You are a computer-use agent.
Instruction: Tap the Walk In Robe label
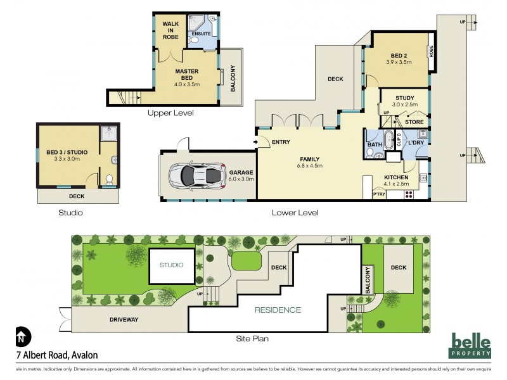171,30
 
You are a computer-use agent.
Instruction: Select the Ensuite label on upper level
201,33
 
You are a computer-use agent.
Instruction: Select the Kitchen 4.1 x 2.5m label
398,180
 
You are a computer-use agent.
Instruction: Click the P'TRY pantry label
379,194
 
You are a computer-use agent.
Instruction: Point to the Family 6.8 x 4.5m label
310,162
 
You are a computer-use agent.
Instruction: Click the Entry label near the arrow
281,142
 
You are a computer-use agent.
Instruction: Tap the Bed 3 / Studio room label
67,156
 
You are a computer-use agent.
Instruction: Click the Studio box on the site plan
170,266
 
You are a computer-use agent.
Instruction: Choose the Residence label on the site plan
278,310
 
